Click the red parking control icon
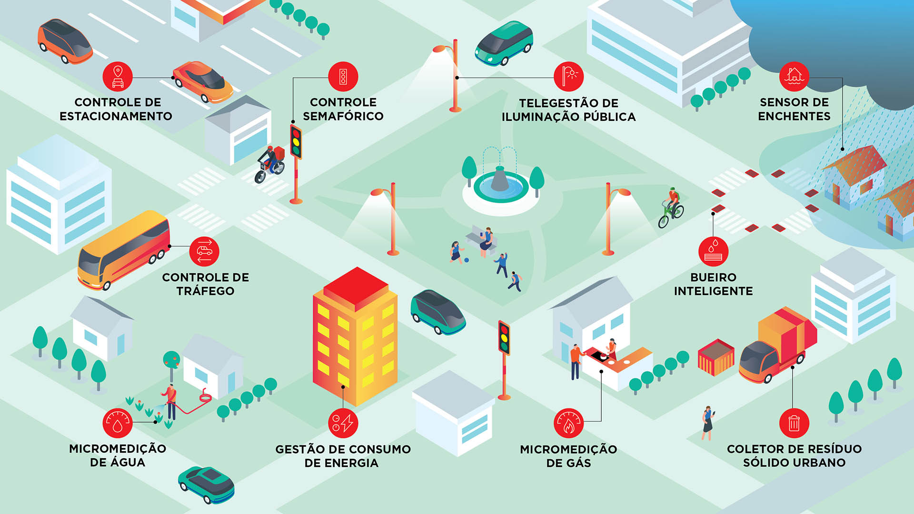[x=118, y=77]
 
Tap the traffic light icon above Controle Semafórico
[x=343, y=77]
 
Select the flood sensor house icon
[x=794, y=77]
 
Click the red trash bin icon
[x=794, y=423]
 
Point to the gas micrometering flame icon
[x=568, y=423]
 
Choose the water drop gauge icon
[x=118, y=423]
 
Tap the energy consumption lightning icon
[x=343, y=423]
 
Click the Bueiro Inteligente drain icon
[x=713, y=251]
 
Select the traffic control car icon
[x=204, y=251]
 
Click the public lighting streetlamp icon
[x=568, y=77]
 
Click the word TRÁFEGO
[x=205, y=291]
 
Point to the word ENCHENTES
[x=794, y=116]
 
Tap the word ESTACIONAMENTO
[x=116, y=116]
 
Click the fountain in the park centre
[x=501, y=183]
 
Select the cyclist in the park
[x=671, y=208]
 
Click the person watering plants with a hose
[x=170, y=402]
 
